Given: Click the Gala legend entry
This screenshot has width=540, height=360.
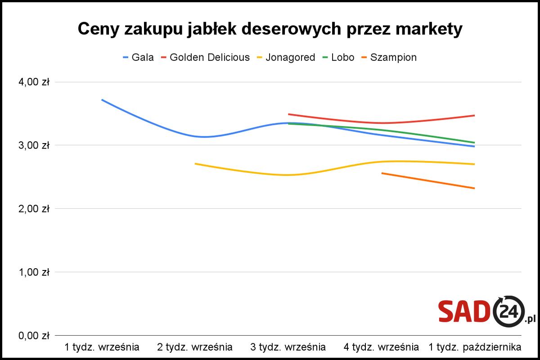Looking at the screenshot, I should tap(139, 58).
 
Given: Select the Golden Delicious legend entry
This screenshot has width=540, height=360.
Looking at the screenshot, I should tap(205, 58).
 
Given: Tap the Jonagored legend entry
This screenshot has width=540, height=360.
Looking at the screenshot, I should tap(286, 58).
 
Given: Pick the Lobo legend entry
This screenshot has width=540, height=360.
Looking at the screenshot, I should tap(338, 58).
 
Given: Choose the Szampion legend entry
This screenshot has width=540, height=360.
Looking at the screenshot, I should tap(388, 58).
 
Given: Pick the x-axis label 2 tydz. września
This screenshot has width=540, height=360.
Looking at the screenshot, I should tap(195, 347).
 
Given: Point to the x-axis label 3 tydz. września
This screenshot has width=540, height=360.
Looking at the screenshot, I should tap(288, 347).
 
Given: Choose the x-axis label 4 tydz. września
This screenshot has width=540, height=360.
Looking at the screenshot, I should tap(381, 347).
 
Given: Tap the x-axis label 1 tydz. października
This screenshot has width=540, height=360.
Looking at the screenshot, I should tap(475, 347).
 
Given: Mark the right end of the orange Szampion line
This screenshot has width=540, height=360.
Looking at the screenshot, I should tap(474, 188).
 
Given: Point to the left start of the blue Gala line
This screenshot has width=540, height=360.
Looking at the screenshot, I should tap(102, 100).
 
